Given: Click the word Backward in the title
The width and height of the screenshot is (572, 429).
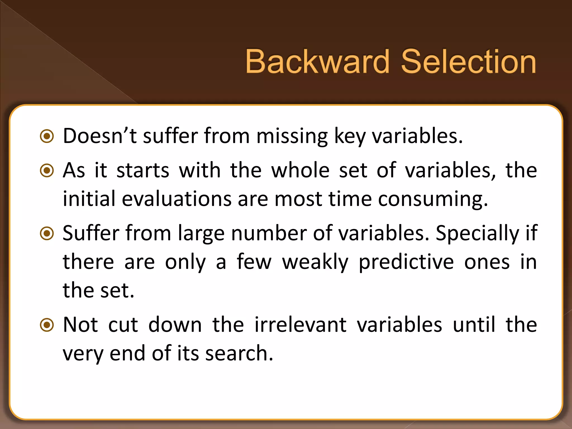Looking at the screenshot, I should [317, 61].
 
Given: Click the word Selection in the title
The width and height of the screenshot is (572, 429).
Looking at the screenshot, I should [468, 61].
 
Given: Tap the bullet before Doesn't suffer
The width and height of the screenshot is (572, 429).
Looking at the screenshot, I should [47, 136].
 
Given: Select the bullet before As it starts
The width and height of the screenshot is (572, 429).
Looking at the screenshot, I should [47, 170].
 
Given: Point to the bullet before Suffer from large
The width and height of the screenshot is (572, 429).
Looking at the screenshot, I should [47, 233].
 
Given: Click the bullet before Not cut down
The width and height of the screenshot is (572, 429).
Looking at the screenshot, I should [47, 325].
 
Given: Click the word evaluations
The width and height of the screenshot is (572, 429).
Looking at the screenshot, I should [177, 199].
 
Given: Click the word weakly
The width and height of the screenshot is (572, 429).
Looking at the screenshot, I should [315, 262].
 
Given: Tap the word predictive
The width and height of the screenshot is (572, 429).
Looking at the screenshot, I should [406, 262].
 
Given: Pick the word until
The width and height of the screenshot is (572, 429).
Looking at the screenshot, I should [474, 325].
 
